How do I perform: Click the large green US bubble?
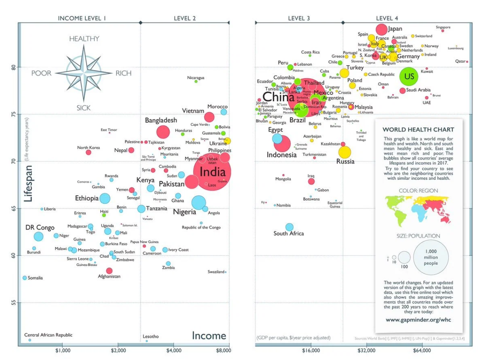409,76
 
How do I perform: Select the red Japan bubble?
381,29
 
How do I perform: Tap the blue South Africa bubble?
289,227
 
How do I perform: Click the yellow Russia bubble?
345,152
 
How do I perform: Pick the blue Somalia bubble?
25,278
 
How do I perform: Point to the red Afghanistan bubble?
109,270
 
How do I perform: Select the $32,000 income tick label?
366,351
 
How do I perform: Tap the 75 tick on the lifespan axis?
13,114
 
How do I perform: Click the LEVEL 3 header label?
299,18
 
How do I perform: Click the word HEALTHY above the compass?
84,39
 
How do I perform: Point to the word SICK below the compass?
83,108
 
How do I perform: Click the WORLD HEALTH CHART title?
418,130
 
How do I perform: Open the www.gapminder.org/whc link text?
418,320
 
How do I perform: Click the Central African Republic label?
48,335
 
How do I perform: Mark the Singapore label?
443,27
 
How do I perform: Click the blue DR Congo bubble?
39,236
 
